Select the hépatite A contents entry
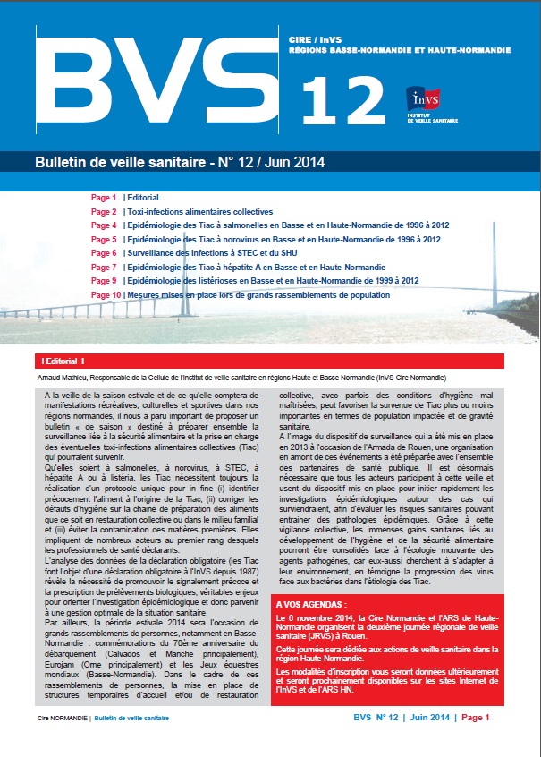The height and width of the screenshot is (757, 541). click(256, 267)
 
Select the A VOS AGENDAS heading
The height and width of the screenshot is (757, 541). click(310, 580)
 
